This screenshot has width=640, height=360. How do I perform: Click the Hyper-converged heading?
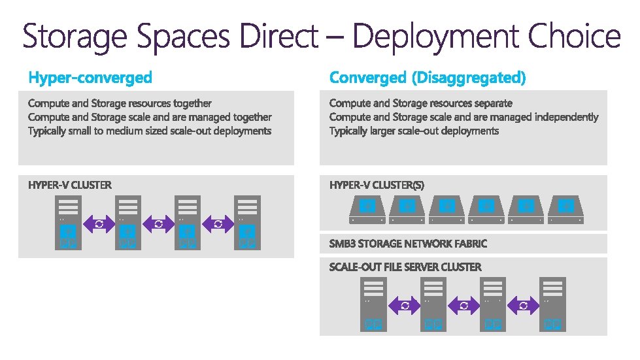[90, 78]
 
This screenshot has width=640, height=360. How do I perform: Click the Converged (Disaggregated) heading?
[427, 78]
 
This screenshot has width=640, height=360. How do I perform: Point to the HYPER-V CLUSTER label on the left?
[70, 185]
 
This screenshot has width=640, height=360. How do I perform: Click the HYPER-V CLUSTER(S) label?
[377, 185]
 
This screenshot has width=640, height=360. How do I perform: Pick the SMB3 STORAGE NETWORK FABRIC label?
[408, 244]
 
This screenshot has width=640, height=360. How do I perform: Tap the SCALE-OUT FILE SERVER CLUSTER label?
[405, 267]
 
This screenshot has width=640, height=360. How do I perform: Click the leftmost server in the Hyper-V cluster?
[69, 222]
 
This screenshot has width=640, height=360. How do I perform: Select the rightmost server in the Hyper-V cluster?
[247, 222]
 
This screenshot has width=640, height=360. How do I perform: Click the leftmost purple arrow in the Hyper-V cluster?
[99, 223]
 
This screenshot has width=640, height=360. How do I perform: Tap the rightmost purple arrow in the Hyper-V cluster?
[218, 223]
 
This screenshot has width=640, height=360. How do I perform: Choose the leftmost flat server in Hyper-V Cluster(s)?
[368, 209]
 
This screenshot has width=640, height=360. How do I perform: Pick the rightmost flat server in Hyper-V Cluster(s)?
[566, 209]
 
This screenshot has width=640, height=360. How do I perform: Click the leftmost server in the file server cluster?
[373, 303]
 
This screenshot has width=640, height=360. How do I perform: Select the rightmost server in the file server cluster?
[552, 303]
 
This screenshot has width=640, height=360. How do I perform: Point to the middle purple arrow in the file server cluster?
[463, 305]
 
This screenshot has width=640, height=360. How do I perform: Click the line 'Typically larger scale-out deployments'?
[414, 131]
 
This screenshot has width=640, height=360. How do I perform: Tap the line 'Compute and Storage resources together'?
[120, 103]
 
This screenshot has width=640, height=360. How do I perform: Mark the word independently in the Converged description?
[566, 117]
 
